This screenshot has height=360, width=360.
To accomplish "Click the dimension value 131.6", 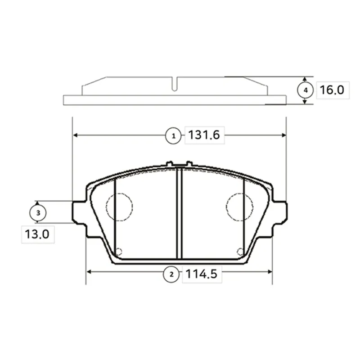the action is pos(204,135).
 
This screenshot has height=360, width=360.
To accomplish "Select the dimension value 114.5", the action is pos(201,274).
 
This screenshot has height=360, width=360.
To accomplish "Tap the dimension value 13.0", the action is pos(37,234).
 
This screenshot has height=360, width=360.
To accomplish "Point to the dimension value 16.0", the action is pos(332,90).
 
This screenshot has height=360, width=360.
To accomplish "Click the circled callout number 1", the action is pos(173,136).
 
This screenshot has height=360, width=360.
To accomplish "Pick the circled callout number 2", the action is pos(171,274).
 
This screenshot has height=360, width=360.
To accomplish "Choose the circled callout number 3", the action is pos(38,213).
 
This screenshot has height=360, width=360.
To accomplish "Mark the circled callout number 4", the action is pos(306,90).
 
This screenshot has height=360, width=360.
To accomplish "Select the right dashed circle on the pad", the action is pos(226,207).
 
